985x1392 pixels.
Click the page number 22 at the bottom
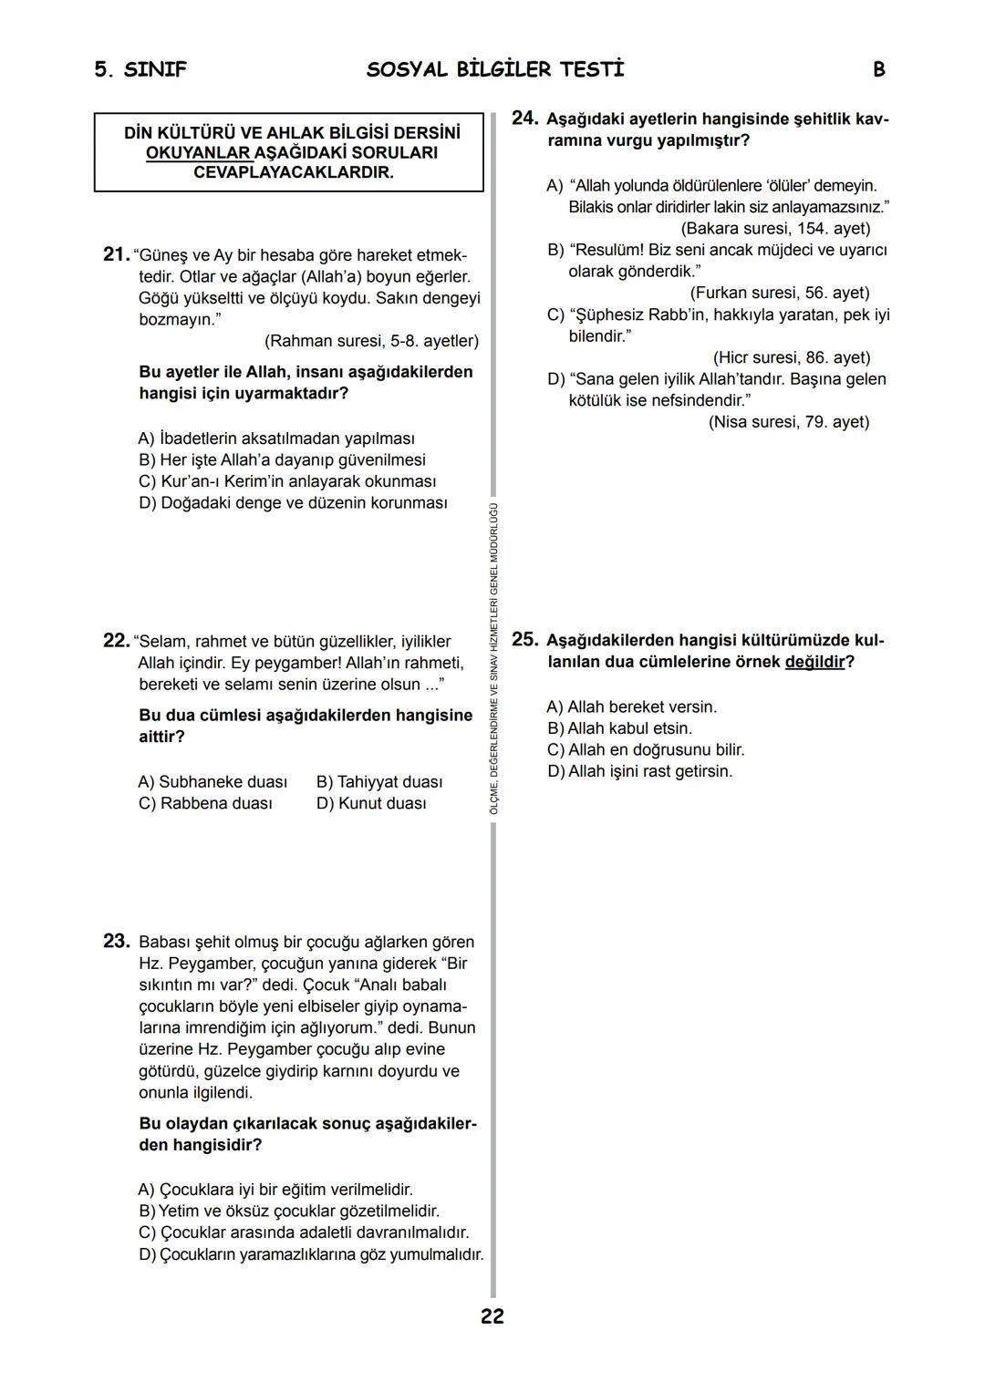(492, 1316)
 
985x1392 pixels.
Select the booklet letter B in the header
(878, 70)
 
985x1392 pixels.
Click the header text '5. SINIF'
(140, 70)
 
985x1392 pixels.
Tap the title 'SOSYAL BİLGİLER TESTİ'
(495, 70)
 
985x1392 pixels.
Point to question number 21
(116, 254)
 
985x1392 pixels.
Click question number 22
(116, 641)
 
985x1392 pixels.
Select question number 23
(116, 941)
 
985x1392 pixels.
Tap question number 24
(524, 119)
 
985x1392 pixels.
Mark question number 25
(524, 639)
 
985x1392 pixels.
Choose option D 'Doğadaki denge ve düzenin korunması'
(293, 503)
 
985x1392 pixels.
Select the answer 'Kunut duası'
(371, 804)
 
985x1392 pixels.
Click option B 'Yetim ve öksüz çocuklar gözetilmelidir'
(289, 1212)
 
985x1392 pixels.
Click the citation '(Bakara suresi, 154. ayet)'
(775, 229)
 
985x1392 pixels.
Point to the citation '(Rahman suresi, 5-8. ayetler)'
(371, 341)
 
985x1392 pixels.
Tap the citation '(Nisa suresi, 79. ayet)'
(789, 422)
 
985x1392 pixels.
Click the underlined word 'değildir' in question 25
(814, 662)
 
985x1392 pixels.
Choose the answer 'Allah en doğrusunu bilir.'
(646, 750)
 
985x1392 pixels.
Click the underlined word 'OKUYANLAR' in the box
(198, 153)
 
